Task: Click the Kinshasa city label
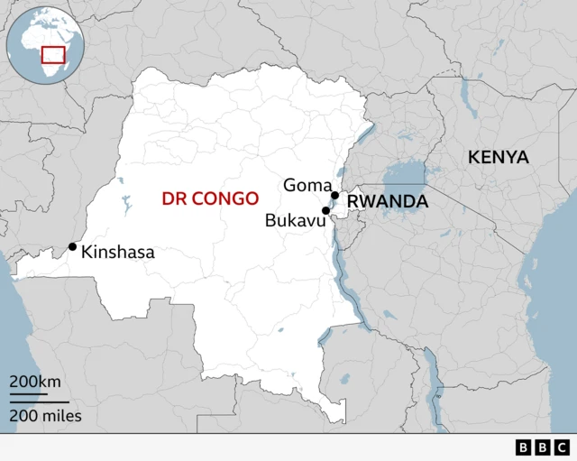(x=118, y=253)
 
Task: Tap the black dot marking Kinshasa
(x=72, y=246)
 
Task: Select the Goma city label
(x=307, y=185)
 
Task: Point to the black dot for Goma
(x=334, y=195)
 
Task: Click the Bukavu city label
(x=294, y=219)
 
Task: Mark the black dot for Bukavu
(x=325, y=210)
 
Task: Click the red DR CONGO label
(x=210, y=198)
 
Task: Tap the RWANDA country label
(x=388, y=202)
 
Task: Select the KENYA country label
(x=498, y=157)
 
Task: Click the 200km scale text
(x=35, y=382)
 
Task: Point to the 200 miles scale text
(x=45, y=416)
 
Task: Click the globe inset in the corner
(x=43, y=45)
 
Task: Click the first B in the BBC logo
(x=525, y=447)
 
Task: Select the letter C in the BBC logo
(x=561, y=447)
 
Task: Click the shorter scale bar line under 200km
(x=28, y=394)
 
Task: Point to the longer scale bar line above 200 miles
(x=39, y=401)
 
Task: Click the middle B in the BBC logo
(x=543, y=447)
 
